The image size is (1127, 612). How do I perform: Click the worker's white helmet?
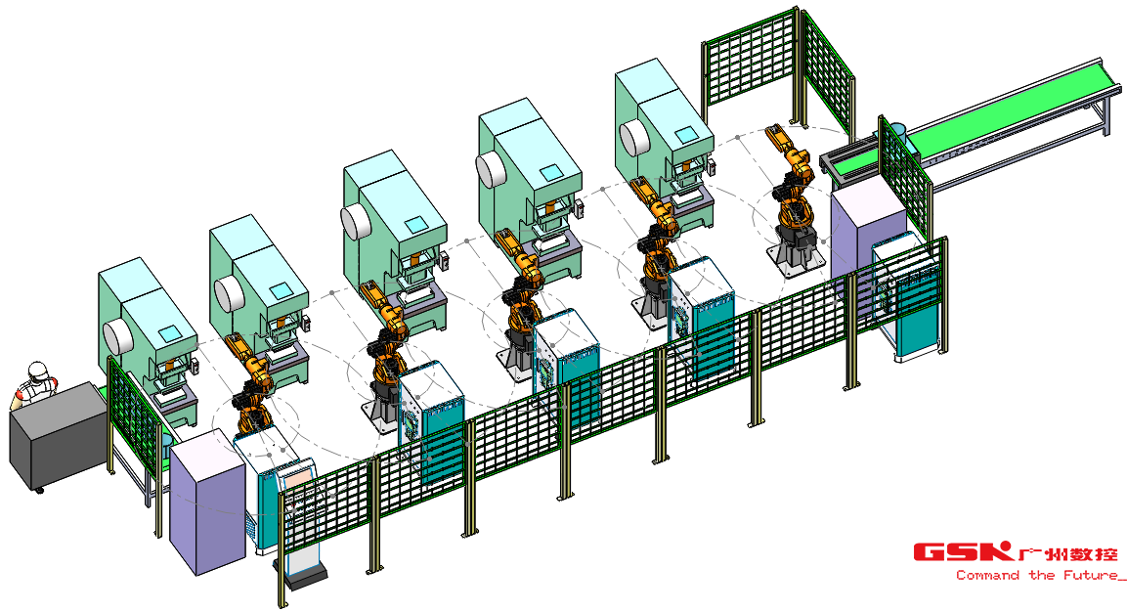coord(37,372)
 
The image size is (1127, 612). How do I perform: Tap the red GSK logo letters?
coord(963,552)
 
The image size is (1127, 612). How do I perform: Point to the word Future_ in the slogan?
coord(1093,575)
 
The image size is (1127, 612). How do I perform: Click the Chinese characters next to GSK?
coord(1068,553)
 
